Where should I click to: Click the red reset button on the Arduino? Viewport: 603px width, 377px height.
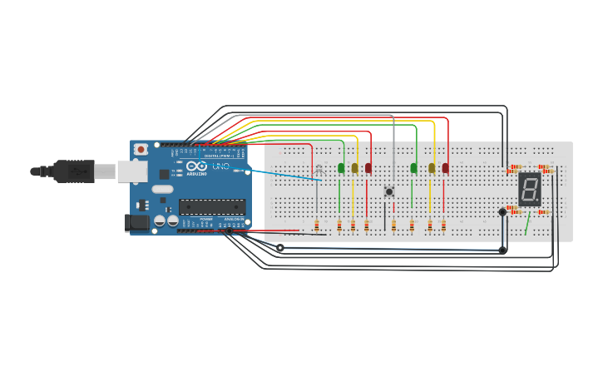(x=141, y=150)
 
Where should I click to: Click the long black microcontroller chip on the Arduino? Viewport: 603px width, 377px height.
(x=212, y=206)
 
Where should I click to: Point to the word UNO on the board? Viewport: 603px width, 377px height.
(x=221, y=166)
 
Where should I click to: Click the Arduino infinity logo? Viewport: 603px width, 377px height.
(x=196, y=166)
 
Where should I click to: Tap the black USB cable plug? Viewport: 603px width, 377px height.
(x=74, y=171)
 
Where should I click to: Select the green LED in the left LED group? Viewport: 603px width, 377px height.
(x=341, y=168)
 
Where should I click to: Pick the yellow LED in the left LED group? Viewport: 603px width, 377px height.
(x=355, y=168)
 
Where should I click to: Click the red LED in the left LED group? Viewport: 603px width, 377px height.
(x=368, y=168)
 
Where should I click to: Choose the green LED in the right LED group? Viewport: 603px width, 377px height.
(x=413, y=168)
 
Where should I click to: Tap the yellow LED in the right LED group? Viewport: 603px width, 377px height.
(x=432, y=168)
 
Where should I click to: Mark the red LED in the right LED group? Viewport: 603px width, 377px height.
(x=445, y=168)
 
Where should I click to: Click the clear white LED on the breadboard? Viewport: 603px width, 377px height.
(x=318, y=169)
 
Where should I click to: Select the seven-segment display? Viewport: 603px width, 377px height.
(x=529, y=190)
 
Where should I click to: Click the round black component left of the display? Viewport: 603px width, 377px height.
(x=502, y=212)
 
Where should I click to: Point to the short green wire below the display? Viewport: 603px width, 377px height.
(x=527, y=223)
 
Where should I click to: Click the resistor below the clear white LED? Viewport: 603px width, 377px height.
(x=317, y=225)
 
